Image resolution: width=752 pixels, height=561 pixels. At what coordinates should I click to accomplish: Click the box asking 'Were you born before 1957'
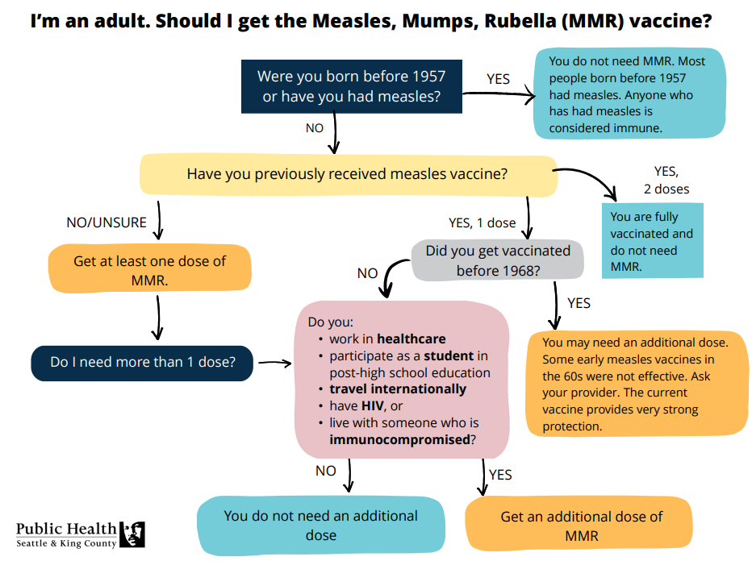[x=352, y=86]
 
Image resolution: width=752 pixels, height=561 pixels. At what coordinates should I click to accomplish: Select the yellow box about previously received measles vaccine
[x=348, y=174]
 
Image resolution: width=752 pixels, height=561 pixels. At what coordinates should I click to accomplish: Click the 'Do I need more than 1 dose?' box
[x=143, y=363]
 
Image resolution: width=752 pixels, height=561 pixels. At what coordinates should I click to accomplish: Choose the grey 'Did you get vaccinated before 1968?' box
[x=497, y=260]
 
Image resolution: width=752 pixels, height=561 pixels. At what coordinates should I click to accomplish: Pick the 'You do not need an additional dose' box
[x=321, y=526]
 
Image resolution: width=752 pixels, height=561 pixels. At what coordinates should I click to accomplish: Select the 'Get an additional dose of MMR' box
[x=581, y=526]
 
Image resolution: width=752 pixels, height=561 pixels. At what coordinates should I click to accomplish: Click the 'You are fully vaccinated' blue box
[x=652, y=241]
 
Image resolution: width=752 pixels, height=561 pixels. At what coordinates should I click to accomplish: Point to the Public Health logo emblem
[x=132, y=534]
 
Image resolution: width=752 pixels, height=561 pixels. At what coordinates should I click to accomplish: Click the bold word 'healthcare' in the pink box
[x=411, y=339]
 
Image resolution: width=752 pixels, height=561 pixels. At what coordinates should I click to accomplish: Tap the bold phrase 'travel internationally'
[x=398, y=389]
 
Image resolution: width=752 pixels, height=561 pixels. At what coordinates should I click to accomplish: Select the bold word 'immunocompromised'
[x=399, y=439]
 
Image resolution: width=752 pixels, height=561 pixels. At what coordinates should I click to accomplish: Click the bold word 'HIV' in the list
[x=372, y=405]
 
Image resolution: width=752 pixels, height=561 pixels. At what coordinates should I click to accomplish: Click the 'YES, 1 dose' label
[x=482, y=222]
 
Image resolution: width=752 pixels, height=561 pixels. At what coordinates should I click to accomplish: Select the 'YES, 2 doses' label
[x=666, y=180]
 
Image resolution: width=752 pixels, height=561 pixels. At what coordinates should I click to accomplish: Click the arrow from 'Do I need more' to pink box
[x=274, y=364]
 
